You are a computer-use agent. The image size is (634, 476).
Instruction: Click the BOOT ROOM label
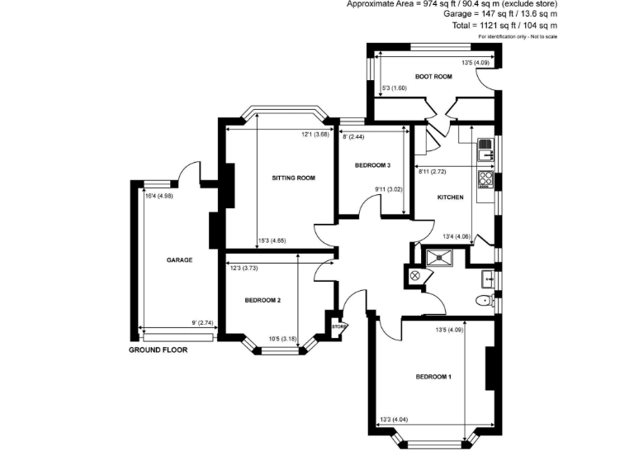pyautogui.click(x=433, y=77)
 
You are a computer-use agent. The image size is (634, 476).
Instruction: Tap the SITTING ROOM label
pyautogui.click(x=294, y=178)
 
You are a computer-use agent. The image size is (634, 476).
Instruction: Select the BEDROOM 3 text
pyautogui.click(x=372, y=165)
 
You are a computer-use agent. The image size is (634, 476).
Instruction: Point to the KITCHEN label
pyautogui.click(x=450, y=198)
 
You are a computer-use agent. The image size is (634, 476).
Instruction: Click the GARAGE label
pyautogui.click(x=179, y=260)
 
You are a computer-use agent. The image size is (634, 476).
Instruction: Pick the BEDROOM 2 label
pyautogui.click(x=263, y=300)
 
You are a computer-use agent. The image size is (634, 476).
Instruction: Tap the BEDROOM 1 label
pyautogui.click(x=433, y=377)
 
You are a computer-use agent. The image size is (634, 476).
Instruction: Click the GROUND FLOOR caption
pyautogui.click(x=158, y=350)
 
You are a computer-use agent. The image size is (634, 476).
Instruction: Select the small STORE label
pyautogui.click(x=338, y=327)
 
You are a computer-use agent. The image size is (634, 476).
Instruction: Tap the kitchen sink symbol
pyautogui.click(x=485, y=150)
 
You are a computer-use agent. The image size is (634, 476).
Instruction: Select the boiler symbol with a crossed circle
pyautogui.click(x=416, y=276)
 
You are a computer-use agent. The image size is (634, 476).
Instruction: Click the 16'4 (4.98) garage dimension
pyautogui.click(x=158, y=196)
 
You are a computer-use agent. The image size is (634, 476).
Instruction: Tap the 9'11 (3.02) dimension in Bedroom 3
pyautogui.click(x=388, y=189)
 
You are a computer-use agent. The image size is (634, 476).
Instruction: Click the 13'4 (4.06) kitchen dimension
pyautogui.click(x=457, y=236)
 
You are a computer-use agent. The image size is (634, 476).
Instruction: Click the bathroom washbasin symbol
pyautogui.click(x=488, y=277)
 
